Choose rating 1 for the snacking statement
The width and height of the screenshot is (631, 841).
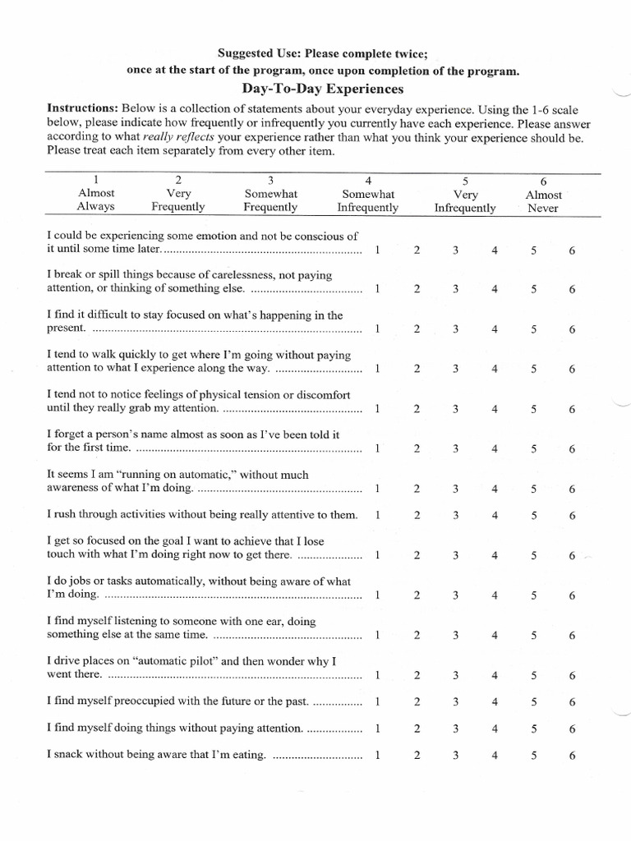(377, 755)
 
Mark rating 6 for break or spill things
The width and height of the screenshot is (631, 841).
(571, 289)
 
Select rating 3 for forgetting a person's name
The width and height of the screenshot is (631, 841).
(454, 449)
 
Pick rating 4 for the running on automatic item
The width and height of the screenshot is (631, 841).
(495, 489)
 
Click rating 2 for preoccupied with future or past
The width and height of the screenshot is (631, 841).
(417, 702)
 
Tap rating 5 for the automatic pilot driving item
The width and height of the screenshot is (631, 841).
(533, 675)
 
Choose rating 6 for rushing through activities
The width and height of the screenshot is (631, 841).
(571, 516)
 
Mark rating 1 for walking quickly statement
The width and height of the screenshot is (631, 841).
(377, 369)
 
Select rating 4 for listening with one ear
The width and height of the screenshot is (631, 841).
(495, 635)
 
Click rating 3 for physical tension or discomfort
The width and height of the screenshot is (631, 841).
(454, 409)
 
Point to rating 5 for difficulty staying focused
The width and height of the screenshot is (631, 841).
(533, 329)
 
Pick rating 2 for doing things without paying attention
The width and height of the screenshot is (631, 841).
(417, 728)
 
